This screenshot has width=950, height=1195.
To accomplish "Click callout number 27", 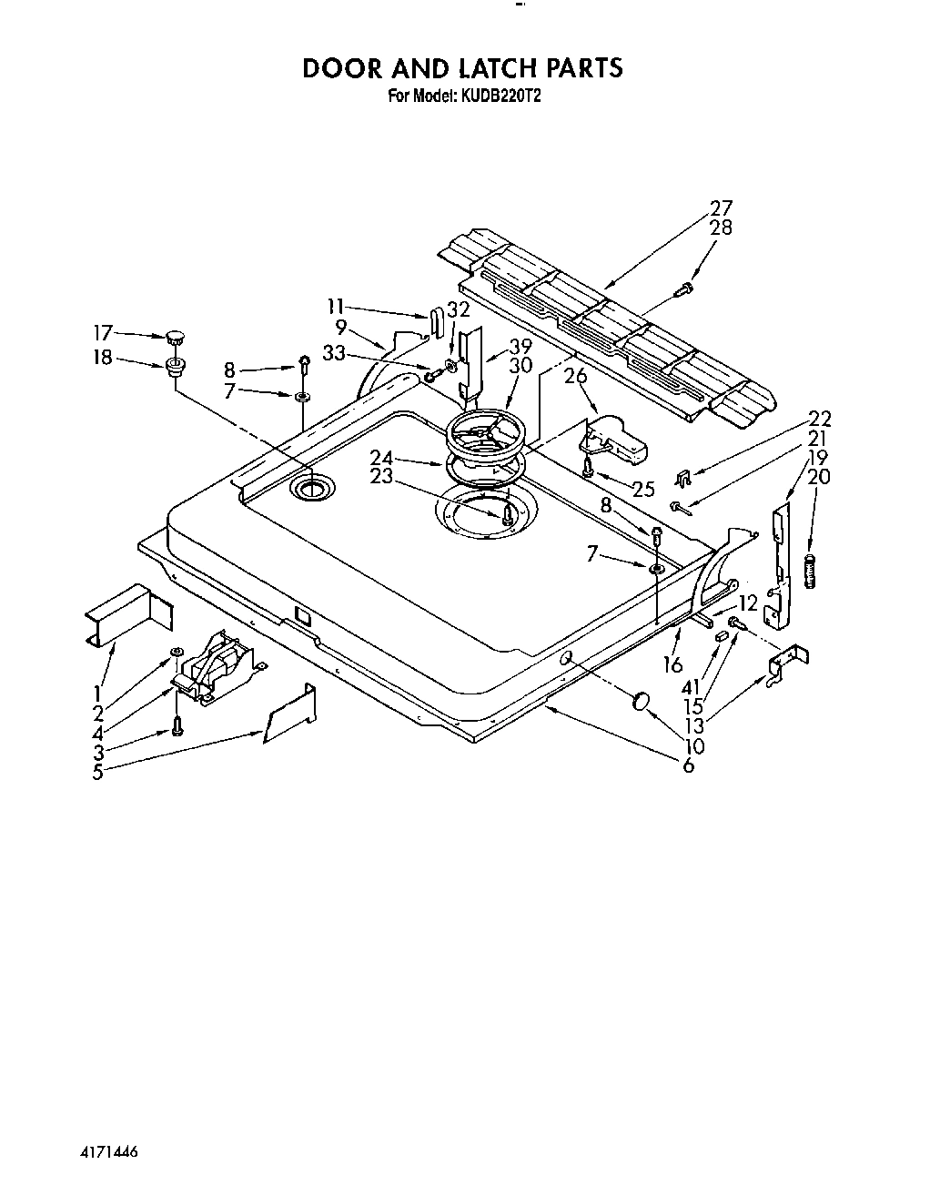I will pyautogui.click(x=720, y=208).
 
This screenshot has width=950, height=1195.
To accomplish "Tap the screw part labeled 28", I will pyautogui.click(x=683, y=289).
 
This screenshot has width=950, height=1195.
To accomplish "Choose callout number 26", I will pyautogui.click(x=574, y=375).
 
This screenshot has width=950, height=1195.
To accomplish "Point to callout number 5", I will pyautogui.click(x=97, y=773).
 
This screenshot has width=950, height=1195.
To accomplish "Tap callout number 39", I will pyautogui.click(x=520, y=346).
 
